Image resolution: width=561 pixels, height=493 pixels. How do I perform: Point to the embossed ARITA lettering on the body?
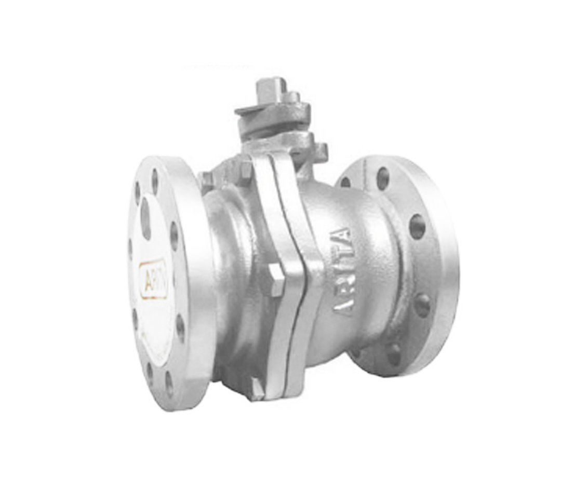pos(343,270)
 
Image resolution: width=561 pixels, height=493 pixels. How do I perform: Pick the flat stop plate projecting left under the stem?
pos(249,110)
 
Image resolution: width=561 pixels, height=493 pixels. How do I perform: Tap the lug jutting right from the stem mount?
pos(320,150)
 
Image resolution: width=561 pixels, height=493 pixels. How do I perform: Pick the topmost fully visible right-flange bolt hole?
pos(383,178)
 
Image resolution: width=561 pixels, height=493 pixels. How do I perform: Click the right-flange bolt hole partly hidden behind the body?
pos(345,182)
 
